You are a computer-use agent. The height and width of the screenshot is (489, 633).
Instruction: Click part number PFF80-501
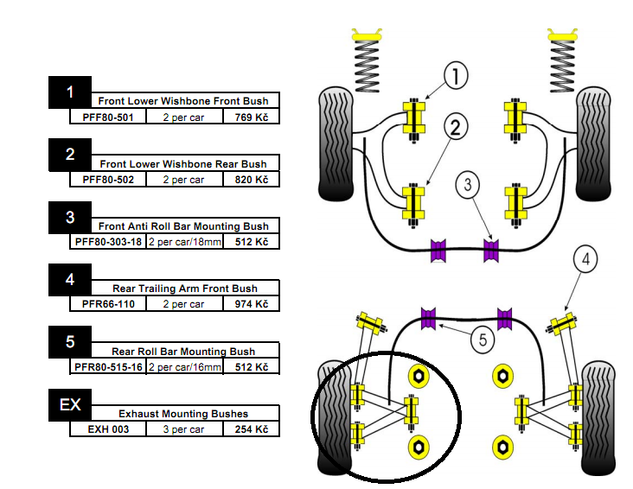(x=108, y=117)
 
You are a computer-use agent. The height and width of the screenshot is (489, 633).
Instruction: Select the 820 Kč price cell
(x=252, y=180)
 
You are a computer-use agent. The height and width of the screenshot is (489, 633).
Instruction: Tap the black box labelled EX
(x=70, y=405)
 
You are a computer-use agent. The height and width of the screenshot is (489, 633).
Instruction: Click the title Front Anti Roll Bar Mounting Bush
(x=183, y=226)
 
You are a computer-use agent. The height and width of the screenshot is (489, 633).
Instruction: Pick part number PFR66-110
(x=108, y=304)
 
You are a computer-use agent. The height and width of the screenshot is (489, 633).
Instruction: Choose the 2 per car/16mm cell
(x=184, y=367)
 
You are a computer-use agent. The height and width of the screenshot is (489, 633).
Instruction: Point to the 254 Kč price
(x=252, y=429)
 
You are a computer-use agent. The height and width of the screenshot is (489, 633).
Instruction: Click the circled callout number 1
(x=456, y=75)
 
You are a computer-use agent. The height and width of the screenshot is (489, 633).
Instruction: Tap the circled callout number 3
(x=468, y=185)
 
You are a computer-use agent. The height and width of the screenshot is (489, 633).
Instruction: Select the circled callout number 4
(x=585, y=259)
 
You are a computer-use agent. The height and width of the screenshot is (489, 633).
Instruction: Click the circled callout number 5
(x=483, y=340)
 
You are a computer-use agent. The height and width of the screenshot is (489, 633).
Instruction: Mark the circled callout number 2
(x=456, y=127)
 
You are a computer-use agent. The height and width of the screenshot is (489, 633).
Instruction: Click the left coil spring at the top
(x=367, y=60)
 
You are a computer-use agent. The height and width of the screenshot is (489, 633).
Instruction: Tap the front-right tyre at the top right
(x=593, y=143)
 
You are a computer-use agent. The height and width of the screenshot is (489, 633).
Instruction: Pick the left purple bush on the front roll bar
(x=438, y=251)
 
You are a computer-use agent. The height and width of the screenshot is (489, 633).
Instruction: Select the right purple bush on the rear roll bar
(x=505, y=319)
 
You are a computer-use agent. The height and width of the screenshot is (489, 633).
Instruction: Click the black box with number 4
(x=70, y=280)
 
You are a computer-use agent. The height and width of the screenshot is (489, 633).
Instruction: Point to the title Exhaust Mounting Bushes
(x=183, y=414)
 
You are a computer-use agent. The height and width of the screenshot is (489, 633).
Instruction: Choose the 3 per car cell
(x=183, y=429)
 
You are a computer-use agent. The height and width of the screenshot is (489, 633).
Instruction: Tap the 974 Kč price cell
(x=252, y=304)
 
